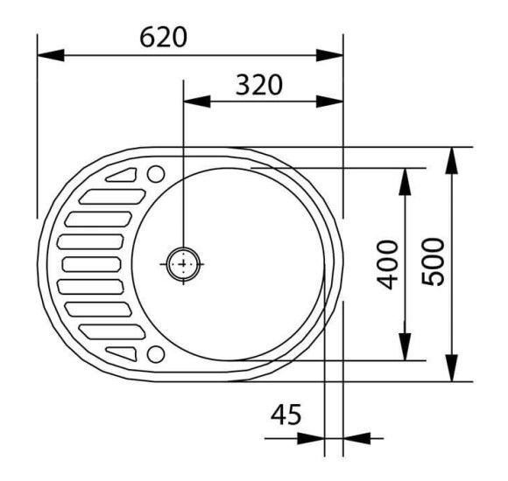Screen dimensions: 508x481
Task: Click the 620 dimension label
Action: tap(163, 38)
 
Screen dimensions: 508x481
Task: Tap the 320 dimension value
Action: tap(259, 85)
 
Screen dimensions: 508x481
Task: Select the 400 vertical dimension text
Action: tap(388, 264)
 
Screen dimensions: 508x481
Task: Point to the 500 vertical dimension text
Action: tap(434, 261)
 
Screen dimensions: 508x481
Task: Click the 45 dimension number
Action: tap(286, 415)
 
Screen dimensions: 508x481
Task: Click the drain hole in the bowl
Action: tap(183, 264)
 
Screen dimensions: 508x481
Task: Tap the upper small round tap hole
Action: tap(156, 174)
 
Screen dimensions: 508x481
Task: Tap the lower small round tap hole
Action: tap(156, 354)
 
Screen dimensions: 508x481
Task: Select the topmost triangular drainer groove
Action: tap(121, 175)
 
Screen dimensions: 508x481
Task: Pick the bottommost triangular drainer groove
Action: tap(121, 353)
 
